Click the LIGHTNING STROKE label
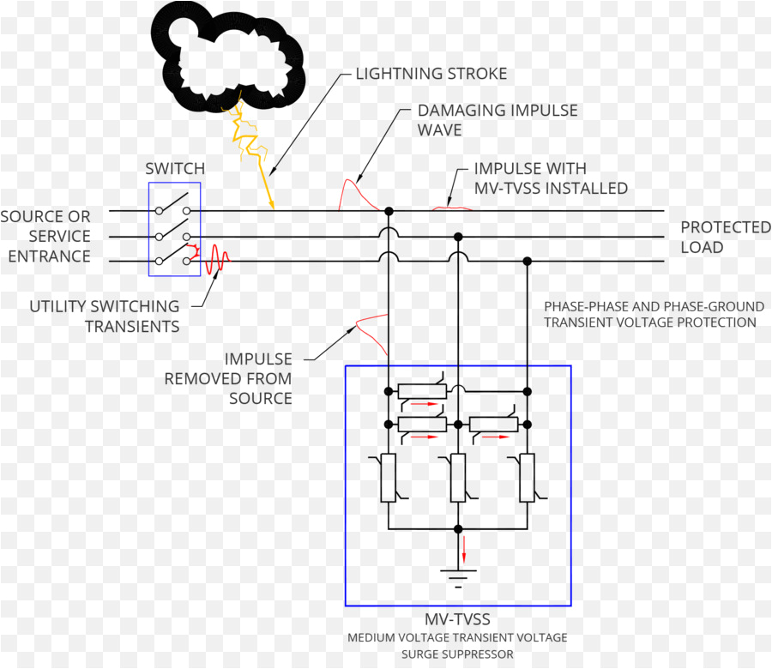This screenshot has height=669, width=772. coord(431,74)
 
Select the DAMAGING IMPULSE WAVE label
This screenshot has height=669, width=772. coord(497,120)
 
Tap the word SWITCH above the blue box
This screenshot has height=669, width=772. coord(175,169)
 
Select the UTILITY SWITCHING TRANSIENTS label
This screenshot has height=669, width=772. coord(105,316)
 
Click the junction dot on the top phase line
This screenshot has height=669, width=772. coord(389,210)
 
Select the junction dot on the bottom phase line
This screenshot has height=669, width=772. coord(528,261)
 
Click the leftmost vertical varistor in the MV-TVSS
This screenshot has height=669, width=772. coord(388,478)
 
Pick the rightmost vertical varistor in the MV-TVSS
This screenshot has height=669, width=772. coord(527,478)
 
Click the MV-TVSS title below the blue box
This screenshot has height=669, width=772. coord(457,618)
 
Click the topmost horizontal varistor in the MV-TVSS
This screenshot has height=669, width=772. coord(422,392)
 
